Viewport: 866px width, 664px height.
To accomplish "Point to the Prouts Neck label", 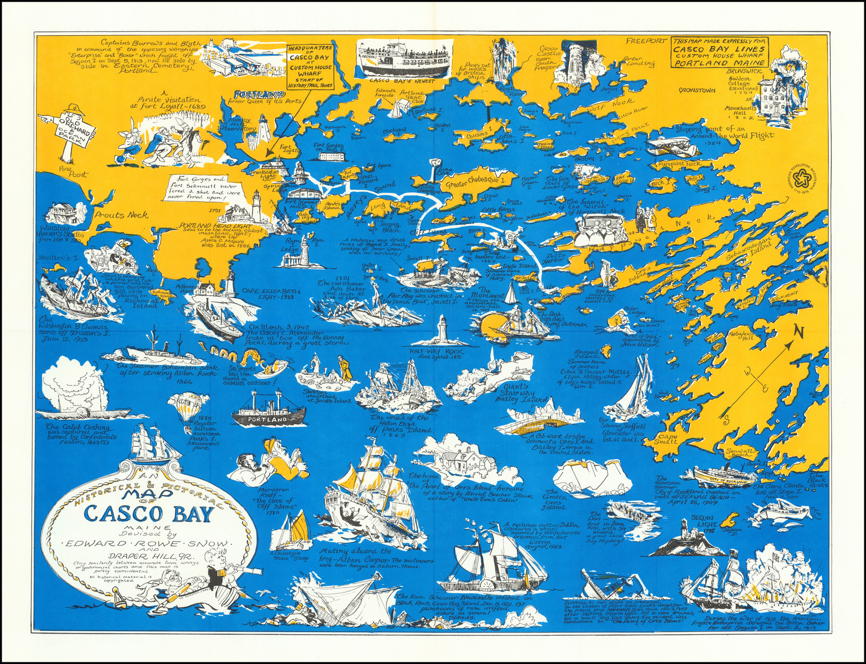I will [x=121, y=215].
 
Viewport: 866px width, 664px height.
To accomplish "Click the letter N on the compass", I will [x=798, y=332].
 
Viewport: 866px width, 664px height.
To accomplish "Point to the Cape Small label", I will [x=666, y=439].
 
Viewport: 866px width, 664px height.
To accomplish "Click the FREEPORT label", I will [x=646, y=41].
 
